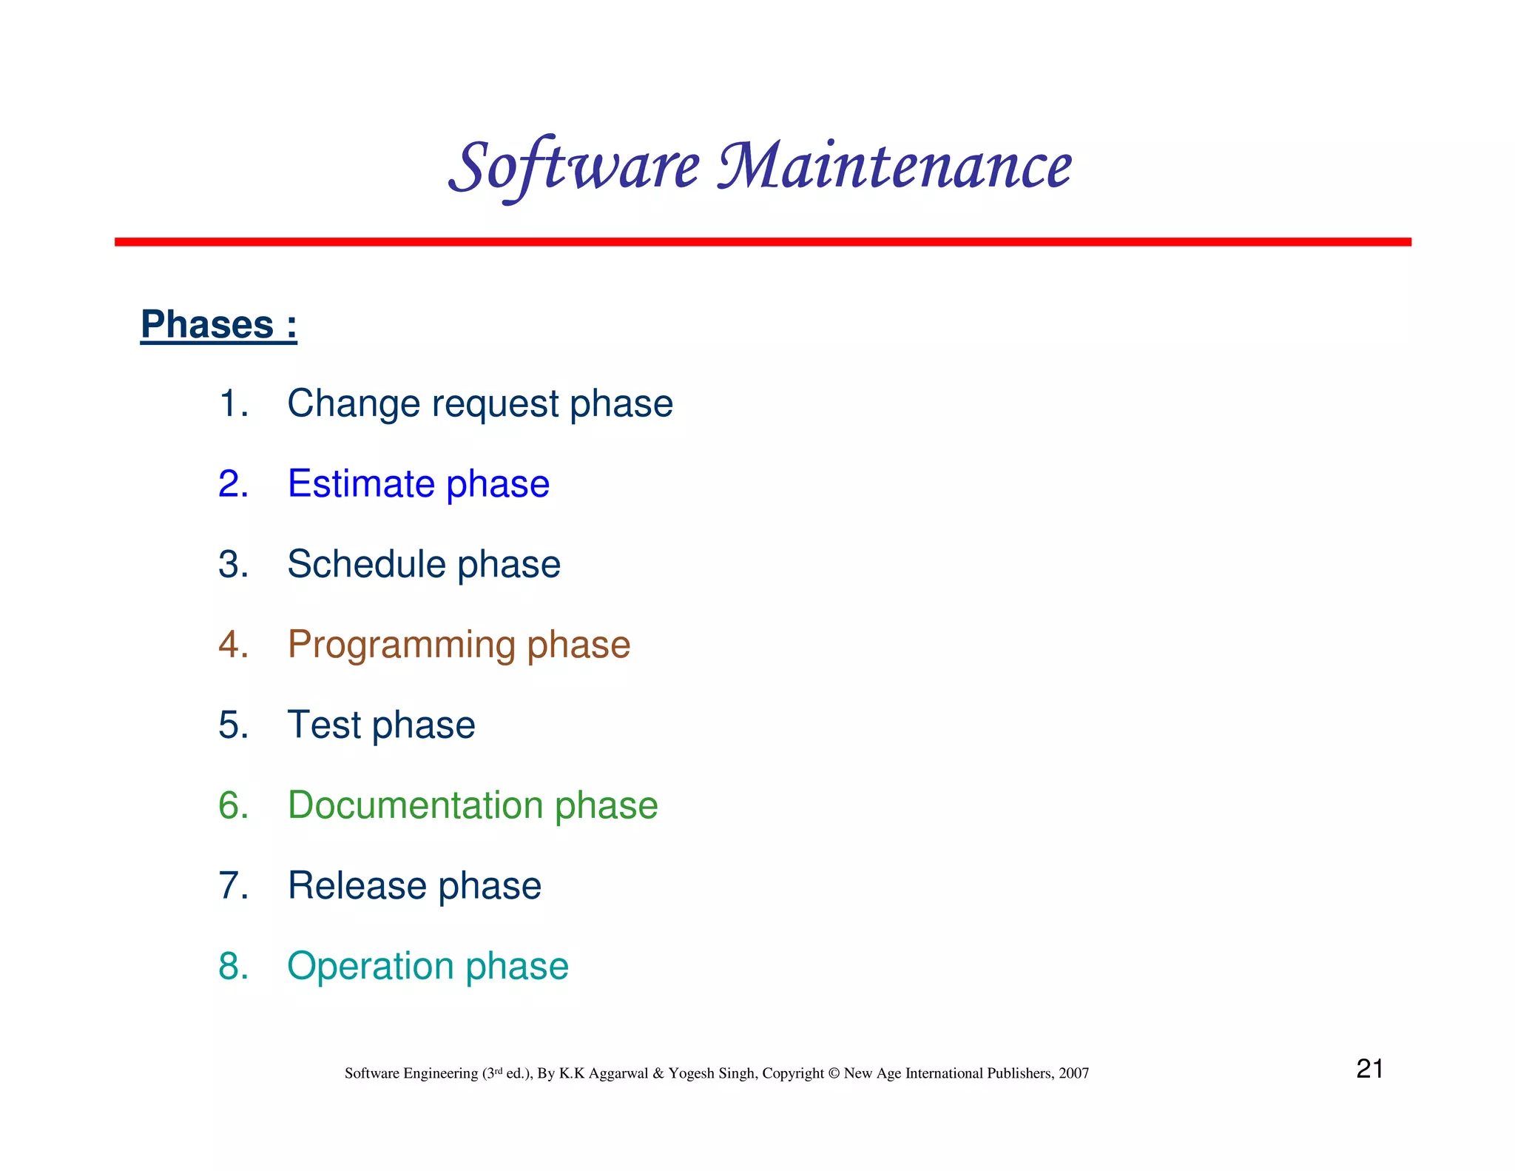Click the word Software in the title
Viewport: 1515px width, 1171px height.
(x=574, y=166)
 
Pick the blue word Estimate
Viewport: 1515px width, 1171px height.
(x=361, y=484)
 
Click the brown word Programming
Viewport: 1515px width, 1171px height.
(x=401, y=645)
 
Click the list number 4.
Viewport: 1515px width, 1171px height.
(x=232, y=644)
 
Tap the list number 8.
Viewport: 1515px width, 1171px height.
(x=232, y=966)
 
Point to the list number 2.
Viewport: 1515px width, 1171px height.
(x=232, y=484)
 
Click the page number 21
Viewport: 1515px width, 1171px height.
(x=1369, y=1069)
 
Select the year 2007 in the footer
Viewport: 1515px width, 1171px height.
(x=1073, y=1073)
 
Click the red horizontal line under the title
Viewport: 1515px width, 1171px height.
(x=762, y=242)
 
